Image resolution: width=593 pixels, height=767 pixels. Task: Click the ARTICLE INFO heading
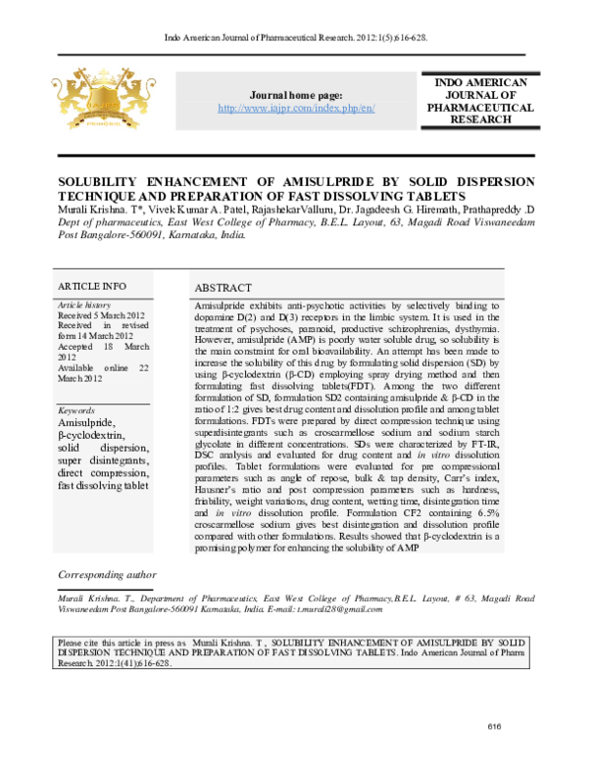tap(92, 286)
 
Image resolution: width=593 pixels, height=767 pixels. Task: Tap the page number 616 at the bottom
tap(495, 728)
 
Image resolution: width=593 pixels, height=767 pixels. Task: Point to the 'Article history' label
tap(84, 305)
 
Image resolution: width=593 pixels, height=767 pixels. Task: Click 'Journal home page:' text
tap(296, 94)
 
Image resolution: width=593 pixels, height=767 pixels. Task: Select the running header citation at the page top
tap(296, 38)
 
